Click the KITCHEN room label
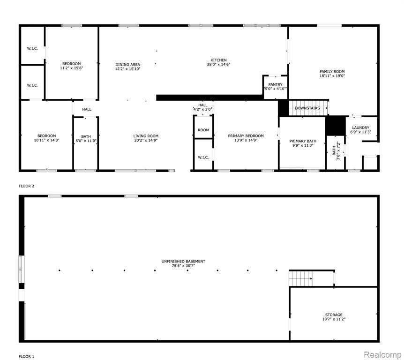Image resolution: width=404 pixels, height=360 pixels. coord(218,60)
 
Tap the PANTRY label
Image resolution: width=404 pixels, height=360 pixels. coord(275,84)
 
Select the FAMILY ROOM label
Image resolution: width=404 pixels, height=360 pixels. coord(332,71)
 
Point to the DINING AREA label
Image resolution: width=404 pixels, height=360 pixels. coord(127,64)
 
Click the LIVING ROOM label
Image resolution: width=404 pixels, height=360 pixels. coord(146,136)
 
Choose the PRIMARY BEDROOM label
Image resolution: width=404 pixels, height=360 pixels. coord(246,136)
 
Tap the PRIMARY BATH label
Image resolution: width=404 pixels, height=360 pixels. coord(303,141)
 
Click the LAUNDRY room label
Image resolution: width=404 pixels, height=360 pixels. coord(360,127)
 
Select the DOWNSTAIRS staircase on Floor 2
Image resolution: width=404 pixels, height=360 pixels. coord(308,108)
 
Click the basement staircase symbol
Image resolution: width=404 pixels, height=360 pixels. coord(300,278)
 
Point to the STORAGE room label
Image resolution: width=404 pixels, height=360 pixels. coord(334,315)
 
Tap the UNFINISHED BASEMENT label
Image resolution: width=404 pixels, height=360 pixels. coord(183,261)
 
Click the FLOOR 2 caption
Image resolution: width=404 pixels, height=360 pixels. coord(26,186)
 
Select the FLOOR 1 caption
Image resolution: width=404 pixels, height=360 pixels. coord(26,356)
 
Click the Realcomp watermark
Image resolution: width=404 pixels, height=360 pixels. coord(382,354)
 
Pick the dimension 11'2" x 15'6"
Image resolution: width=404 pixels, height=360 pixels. coord(71,68)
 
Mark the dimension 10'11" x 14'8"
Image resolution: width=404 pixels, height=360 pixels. coord(47,140)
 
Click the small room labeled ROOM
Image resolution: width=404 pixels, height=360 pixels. coord(203,130)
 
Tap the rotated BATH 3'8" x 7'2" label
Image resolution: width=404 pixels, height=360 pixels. coord(336,150)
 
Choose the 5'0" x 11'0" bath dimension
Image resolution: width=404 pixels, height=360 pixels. coord(86,141)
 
